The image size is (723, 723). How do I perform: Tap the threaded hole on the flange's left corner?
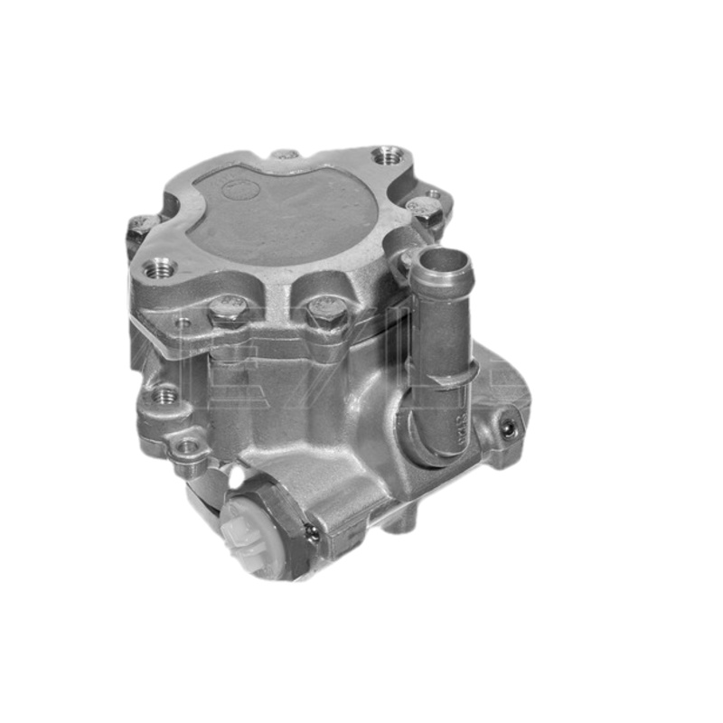coord(161,268)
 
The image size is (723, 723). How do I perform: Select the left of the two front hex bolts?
coord(226,311)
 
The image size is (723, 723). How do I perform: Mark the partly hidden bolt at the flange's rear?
coord(286,155)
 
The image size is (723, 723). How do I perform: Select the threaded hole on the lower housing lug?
coord(164,395)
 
